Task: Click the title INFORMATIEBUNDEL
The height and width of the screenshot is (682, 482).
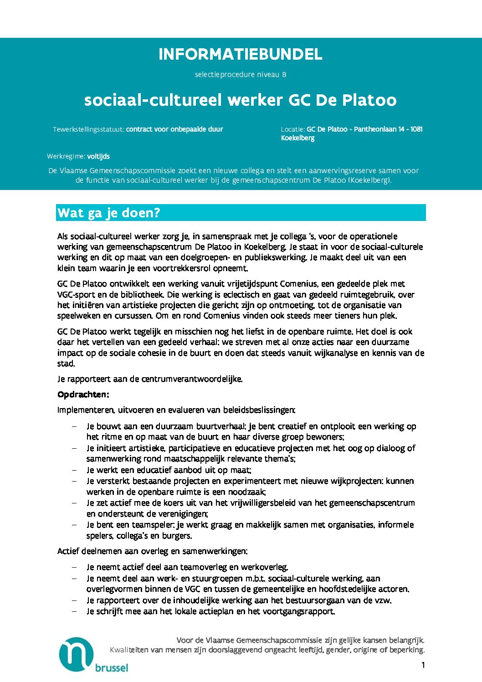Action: pos(240,55)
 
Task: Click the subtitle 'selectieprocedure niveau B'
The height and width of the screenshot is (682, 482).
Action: pos(240,74)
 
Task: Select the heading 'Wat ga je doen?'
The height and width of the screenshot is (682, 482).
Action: pos(109,213)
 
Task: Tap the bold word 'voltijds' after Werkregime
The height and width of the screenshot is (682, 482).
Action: pos(98,156)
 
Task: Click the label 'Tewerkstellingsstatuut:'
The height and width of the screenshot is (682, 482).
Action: pos(88,129)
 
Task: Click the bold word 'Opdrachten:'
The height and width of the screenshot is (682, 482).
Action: pos(83,395)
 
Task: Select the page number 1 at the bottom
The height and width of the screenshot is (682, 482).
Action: pos(423,665)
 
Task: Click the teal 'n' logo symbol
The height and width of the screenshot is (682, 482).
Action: pos(76,654)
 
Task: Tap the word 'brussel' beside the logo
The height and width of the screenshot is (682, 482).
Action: pos(112,668)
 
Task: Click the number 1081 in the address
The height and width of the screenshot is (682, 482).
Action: pos(416,129)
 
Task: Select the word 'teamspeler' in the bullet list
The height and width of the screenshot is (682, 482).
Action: pos(153,525)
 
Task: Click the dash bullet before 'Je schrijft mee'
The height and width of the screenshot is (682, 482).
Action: pos(74,611)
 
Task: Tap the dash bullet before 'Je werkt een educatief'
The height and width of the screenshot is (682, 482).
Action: pos(74,470)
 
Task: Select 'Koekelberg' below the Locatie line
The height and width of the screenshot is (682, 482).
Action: pos(297,138)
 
